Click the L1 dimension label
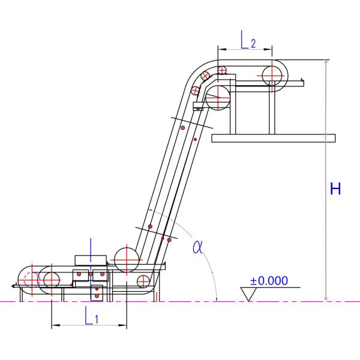(92, 316)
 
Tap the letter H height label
(336, 189)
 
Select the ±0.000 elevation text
(269, 280)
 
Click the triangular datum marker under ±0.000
(248, 293)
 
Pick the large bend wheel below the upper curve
(218, 97)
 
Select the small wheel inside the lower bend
(143, 281)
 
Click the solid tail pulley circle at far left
(50, 280)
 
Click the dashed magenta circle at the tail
(32, 280)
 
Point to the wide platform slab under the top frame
(274, 138)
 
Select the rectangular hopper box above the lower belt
(91, 259)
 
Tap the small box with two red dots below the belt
(97, 293)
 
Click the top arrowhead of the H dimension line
(326, 62)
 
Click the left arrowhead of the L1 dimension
(54, 326)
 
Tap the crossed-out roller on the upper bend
(206, 76)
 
